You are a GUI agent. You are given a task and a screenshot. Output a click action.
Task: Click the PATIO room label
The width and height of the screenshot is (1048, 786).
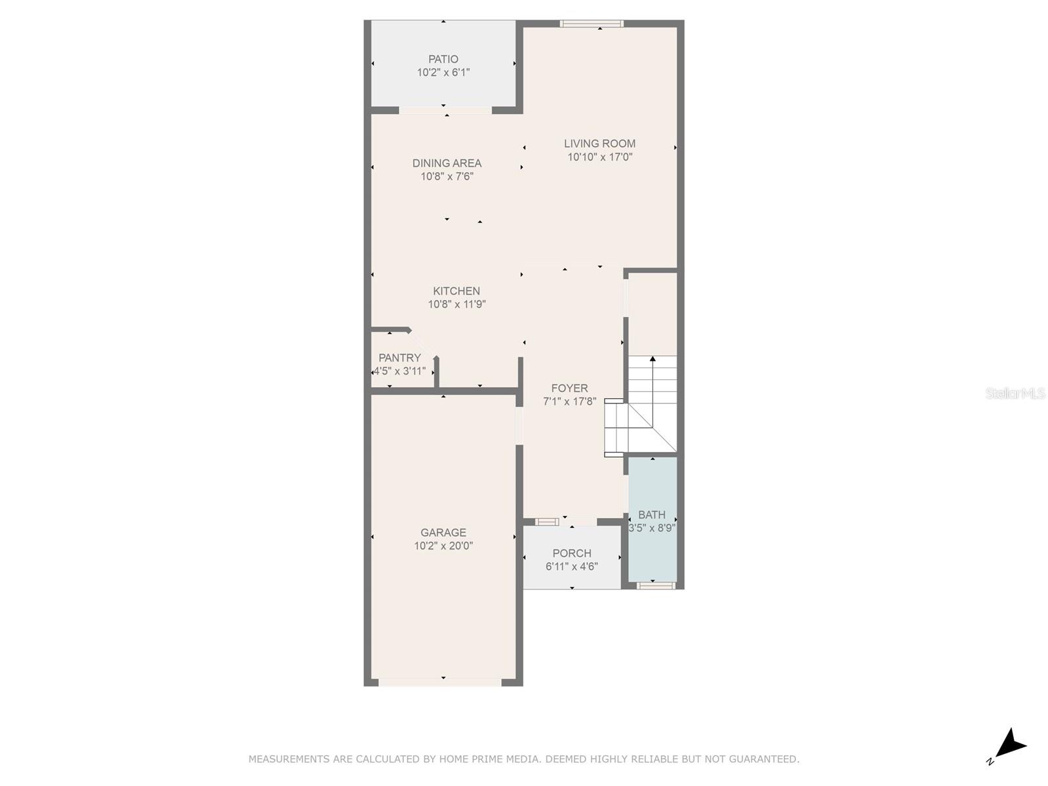pyautogui.click(x=443, y=59)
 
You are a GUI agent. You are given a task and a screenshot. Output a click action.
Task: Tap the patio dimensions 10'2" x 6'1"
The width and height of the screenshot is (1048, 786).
pyautogui.click(x=443, y=73)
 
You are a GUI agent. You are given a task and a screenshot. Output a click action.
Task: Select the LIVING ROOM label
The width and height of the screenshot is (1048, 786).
pyautogui.click(x=599, y=143)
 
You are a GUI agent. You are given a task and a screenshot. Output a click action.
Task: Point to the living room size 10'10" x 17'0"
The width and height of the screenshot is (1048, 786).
pyautogui.click(x=599, y=157)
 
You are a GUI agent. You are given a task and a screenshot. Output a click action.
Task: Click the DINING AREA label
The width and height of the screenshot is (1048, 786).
pyautogui.click(x=447, y=163)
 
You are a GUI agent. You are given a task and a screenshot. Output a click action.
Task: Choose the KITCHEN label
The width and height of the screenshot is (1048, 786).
pyautogui.click(x=456, y=291)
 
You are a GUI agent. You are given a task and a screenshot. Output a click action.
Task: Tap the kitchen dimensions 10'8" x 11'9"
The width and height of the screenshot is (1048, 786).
pyautogui.click(x=456, y=305)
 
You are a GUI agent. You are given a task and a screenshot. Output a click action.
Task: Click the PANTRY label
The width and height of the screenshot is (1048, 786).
pyautogui.click(x=399, y=358)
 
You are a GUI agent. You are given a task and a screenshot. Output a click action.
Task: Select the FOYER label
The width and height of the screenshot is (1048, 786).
pyautogui.click(x=569, y=388)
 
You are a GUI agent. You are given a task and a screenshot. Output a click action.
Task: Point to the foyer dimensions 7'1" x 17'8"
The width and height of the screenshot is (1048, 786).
pyautogui.click(x=569, y=402)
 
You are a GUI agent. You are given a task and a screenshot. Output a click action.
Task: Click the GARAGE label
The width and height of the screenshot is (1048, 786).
pyautogui.click(x=443, y=533)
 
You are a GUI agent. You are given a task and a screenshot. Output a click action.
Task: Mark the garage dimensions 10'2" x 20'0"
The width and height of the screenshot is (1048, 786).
pyautogui.click(x=443, y=546)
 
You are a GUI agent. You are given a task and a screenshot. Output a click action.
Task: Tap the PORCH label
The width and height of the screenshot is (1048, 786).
pyautogui.click(x=572, y=553)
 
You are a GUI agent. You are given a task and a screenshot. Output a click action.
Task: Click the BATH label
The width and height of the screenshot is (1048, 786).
pyautogui.click(x=651, y=515)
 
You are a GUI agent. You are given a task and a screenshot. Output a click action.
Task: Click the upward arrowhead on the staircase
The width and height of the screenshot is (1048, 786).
pyautogui.click(x=652, y=358)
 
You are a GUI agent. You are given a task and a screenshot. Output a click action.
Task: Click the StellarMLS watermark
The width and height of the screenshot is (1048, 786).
pyautogui.click(x=1015, y=394)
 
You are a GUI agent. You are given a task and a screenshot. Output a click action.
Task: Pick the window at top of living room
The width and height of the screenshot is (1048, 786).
pyautogui.click(x=591, y=24)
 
